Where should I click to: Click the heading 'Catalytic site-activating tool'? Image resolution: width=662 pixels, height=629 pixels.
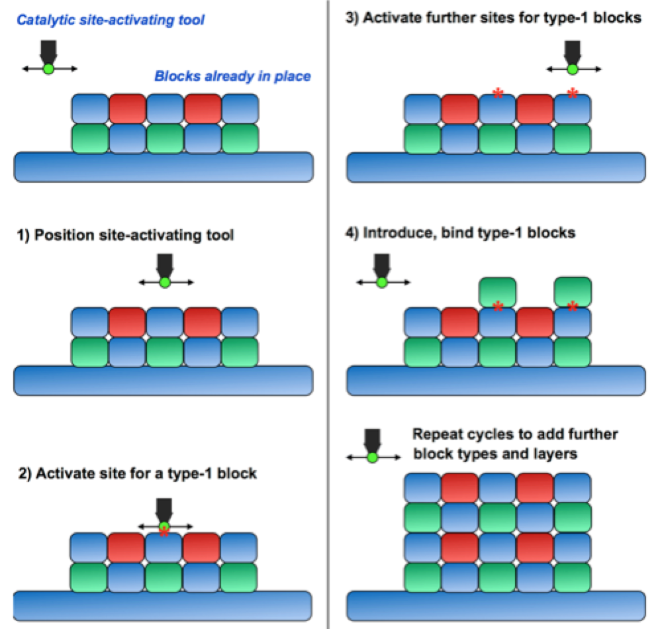click(x=111, y=20)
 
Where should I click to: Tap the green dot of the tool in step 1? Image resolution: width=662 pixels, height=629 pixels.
click(x=165, y=282)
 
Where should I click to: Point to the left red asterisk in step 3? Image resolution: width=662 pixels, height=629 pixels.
click(x=498, y=95)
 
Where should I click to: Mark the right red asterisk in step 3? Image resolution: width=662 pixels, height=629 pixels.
click(x=573, y=95)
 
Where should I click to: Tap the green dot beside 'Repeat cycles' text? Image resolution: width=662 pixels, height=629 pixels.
click(x=372, y=458)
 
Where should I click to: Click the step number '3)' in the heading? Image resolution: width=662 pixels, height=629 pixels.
click(x=354, y=18)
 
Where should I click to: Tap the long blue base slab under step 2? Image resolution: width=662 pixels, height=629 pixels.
click(x=162, y=606)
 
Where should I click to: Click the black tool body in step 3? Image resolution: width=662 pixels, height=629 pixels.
click(x=573, y=50)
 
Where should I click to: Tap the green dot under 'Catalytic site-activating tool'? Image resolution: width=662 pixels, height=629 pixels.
click(x=48, y=69)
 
